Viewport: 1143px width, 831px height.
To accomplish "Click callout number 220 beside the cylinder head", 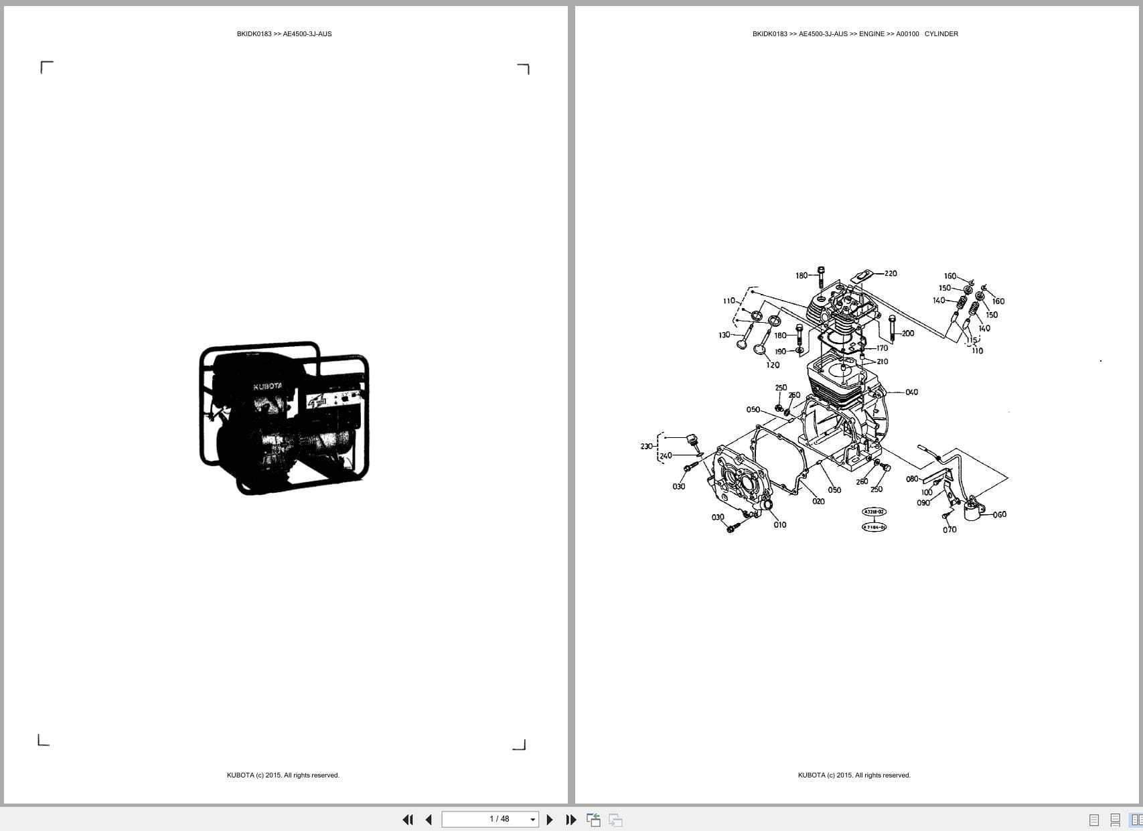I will [x=891, y=273].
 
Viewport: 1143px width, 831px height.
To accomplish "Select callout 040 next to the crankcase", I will [x=911, y=392].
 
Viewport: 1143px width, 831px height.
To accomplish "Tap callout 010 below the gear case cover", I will [x=779, y=525].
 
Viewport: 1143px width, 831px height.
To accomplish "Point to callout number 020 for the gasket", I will [x=818, y=501].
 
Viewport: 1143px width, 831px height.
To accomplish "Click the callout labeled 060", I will [x=999, y=514].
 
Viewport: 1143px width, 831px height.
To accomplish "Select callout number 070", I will [x=949, y=530].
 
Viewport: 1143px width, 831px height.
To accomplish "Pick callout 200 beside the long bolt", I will [x=907, y=333].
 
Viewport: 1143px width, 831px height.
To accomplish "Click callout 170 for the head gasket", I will [x=882, y=348].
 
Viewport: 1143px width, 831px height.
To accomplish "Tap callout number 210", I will [x=882, y=362].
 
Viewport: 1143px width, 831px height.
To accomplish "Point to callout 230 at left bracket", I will [x=646, y=446].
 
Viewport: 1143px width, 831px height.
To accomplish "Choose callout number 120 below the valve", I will [x=773, y=365].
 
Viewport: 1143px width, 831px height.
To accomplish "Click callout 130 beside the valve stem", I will [x=725, y=335].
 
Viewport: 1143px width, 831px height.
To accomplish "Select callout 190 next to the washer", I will [x=781, y=352].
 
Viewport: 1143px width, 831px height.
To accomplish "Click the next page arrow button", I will [x=550, y=820].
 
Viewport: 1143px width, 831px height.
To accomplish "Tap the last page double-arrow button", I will [x=570, y=820].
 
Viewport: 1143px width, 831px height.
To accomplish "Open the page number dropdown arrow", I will [x=533, y=820].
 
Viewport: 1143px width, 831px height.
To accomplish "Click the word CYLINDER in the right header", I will [x=941, y=33].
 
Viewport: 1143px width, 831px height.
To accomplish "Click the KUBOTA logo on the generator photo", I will [x=267, y=386].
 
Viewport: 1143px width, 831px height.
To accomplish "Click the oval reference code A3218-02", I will [x=874, y=512].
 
